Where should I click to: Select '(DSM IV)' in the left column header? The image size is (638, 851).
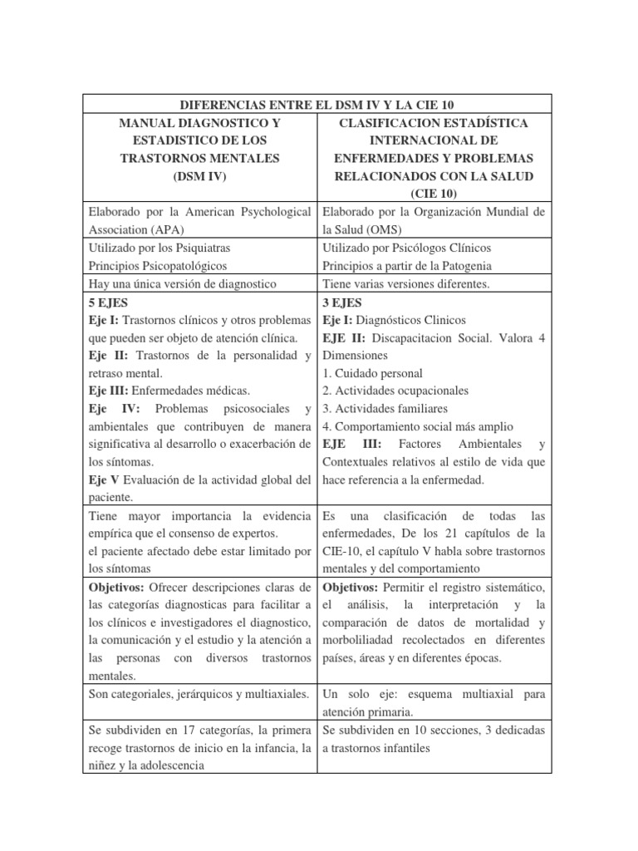199,175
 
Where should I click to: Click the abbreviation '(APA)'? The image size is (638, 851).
166,229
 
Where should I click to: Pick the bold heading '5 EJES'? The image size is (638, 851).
108,303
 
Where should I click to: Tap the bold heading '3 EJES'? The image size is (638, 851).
342,303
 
